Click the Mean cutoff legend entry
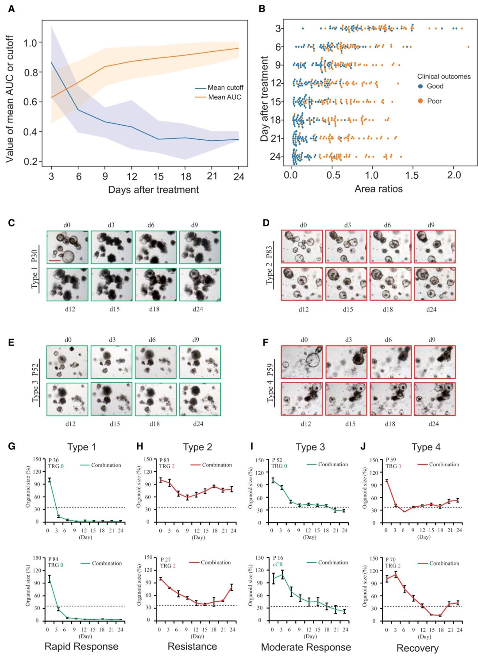tap(219, 88)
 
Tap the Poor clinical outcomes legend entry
tap(430, 101)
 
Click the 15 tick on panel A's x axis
tap(158, 176)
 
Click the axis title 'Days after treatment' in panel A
tap(154, 189)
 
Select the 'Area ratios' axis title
tap(378, 188)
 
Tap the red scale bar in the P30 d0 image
tap(54, 260)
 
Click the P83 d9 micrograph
tap(435, 246)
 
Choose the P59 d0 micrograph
tap(302, 362)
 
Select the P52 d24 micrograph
tap(200, 399)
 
